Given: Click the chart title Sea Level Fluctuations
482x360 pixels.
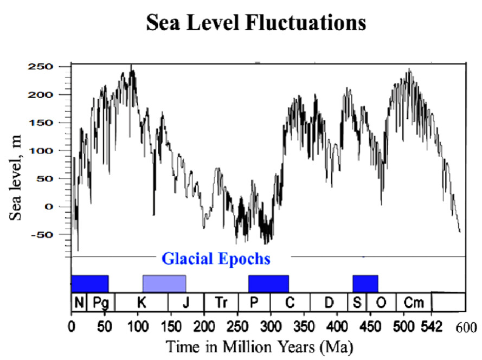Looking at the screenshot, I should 255,23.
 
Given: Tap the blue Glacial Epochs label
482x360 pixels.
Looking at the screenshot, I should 216,258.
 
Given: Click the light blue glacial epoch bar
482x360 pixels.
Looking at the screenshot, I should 164,283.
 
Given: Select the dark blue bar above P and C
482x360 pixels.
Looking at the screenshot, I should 268,283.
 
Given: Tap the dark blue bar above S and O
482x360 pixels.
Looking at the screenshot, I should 365,283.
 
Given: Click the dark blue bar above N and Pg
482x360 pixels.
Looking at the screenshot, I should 90,283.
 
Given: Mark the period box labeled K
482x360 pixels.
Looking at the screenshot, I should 142,302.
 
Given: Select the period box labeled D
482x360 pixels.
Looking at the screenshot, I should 329,302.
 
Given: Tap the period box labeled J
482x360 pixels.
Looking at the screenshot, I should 186,302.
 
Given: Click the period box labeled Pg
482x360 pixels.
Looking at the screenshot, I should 101,302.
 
